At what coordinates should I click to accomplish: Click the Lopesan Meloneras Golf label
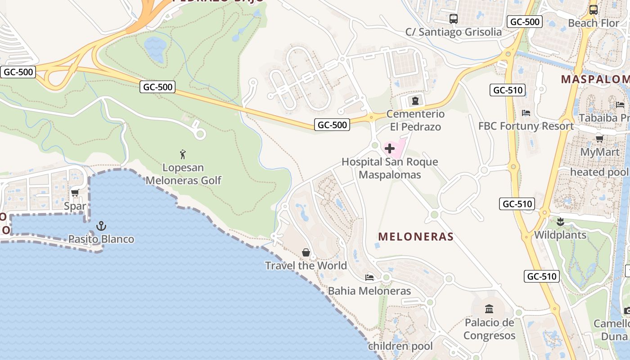(x=183, y=174)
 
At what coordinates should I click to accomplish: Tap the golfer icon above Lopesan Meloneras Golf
(x=183, y=155)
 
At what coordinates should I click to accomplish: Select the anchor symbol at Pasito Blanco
(x=101, y=225)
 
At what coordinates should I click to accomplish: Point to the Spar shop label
(x=75, y=207)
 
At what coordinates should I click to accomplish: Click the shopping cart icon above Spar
(x=75, y=193)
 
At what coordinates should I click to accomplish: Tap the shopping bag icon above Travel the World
(x=306, y=252)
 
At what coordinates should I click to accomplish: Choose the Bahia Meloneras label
(x=369, y=291)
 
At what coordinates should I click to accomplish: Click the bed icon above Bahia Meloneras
(x=369, y=277)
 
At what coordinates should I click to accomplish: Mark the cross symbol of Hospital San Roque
(x=390, y=148)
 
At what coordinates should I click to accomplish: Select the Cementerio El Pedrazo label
(x=415, y=120)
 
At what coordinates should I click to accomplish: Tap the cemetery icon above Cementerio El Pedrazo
(x=415, y=100)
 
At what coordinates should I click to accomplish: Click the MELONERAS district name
(x=416, y=236)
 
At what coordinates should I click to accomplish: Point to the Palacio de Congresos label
(x=489, y=329)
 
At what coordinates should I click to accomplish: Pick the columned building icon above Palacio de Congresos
(x=489, y=309)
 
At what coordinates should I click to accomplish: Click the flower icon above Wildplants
(x=560, y=221)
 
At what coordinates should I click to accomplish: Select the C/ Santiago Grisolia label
(x=454, y=32)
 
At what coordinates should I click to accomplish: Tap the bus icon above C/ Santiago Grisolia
(x=454, y=19)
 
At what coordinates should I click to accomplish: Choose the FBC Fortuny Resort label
(x=526, y=126)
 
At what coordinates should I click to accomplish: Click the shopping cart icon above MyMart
(x=599, y=139)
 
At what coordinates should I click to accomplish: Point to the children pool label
(x=400, y=346)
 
